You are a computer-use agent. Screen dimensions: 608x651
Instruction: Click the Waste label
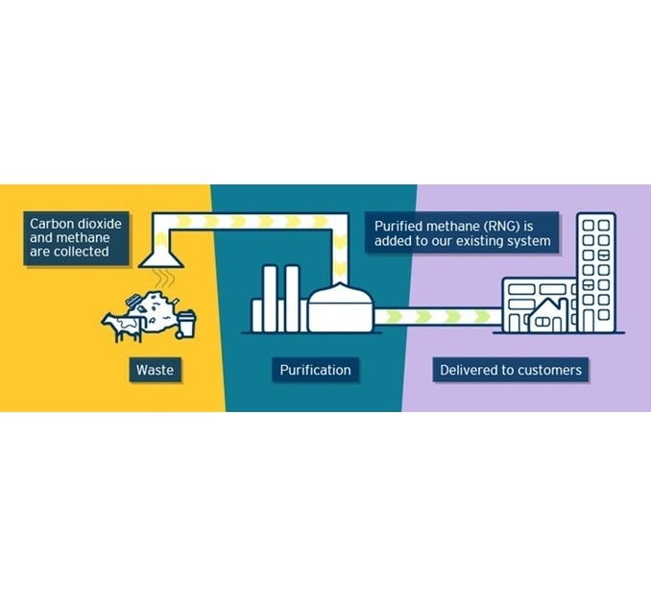point(155,370)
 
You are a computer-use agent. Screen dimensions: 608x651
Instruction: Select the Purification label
point(315,370)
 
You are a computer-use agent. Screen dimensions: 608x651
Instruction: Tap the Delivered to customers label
point(510,370)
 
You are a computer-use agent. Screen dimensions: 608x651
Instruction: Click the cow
point(122,324)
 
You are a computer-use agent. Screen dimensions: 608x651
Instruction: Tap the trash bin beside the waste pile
point(186,323)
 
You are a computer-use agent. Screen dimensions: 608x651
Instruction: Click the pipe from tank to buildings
point(437,316)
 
